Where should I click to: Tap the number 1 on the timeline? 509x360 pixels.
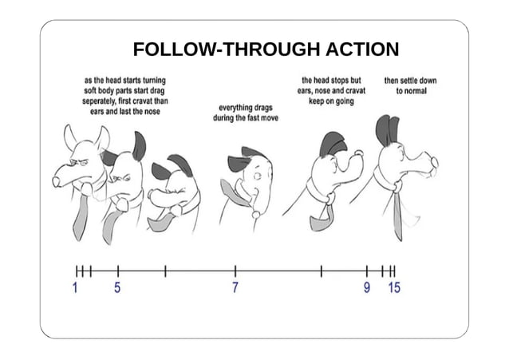click(x=76, y=288)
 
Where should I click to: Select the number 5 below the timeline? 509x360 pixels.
click(x=117, y=288)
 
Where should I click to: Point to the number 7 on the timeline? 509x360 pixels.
click(x=235, y=288)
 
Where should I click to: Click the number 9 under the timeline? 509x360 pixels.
click(x=367, y=288)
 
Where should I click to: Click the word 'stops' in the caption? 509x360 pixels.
click(x=346, y=81)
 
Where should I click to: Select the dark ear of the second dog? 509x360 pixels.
click(x=140, y=145)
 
